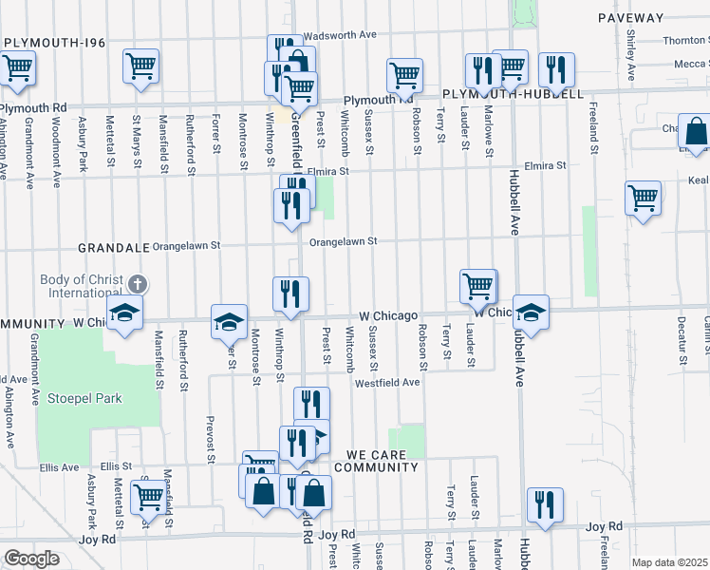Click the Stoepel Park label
(x=84, y=399)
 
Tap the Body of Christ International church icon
(x=138, y=284)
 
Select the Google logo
(x=31, y=559)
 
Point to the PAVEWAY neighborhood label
(x=631, y=18)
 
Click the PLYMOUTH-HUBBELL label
(x=513, y=95)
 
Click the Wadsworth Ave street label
(x=341, y=35)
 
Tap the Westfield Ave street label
(x=387, y=383)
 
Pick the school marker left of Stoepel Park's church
(x=123, y=313)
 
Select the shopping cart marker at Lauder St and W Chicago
(x=477, y=285)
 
